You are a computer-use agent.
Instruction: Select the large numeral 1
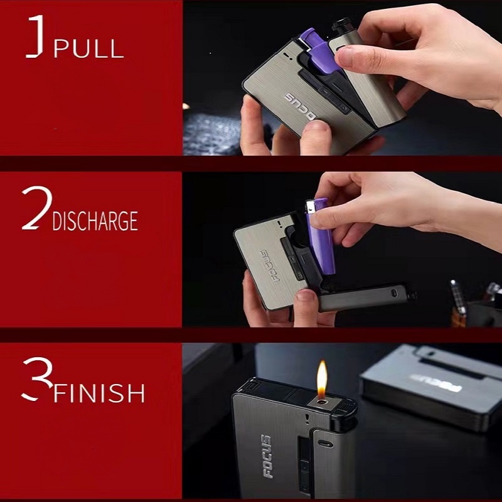coord(37,37)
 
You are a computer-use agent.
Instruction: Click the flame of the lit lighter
coord(322,378)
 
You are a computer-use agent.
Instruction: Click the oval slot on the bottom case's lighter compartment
coord(324,443)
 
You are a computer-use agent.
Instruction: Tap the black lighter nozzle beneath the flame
coord(322,402)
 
